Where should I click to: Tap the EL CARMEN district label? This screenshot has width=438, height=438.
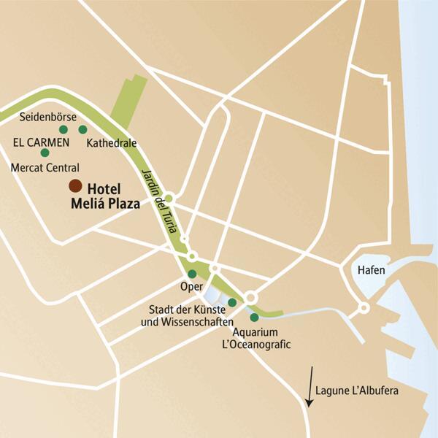[x=40, y=141]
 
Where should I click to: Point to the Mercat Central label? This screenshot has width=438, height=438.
[x=45, y=167]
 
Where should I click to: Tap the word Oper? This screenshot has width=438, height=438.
[x=191, y=286]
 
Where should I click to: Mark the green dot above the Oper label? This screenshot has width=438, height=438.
[x=192, y=274]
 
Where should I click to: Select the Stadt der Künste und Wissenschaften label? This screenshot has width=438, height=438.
[x=191, y=315]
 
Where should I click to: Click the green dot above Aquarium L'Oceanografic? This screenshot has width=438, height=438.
[x=254, y=318]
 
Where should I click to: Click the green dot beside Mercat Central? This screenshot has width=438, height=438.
[x=45, y=153]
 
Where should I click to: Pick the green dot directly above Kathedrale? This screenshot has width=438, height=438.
[x=82, y=129]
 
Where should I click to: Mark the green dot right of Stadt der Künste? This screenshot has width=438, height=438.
[x=232, y=302]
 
